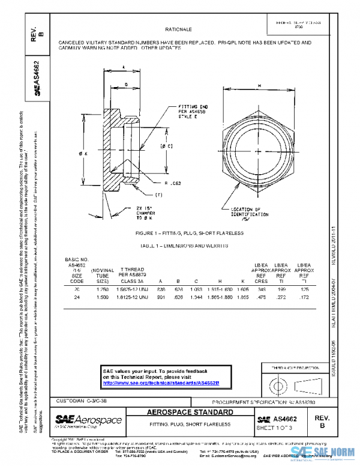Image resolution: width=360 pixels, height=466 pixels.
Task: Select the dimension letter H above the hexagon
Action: tap(259, 86)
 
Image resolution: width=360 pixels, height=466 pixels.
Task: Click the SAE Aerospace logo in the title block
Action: tap(89, 420)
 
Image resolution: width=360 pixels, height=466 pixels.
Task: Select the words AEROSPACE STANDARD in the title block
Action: tap(190, 413)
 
